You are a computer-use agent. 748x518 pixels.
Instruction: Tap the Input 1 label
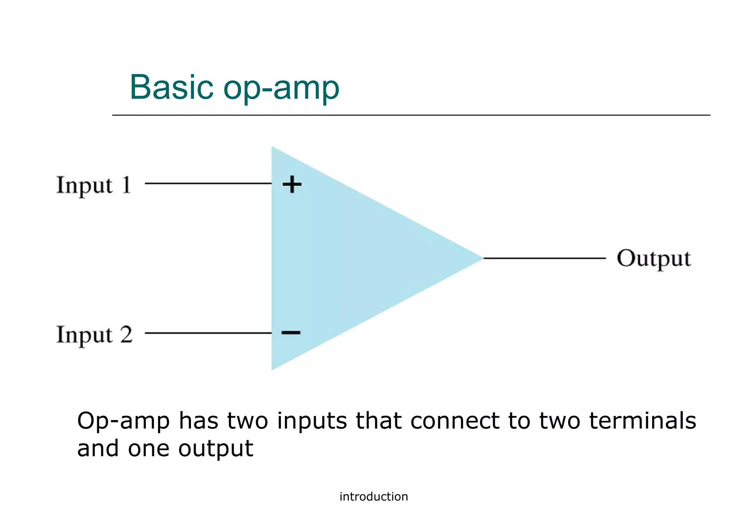coord(93,185)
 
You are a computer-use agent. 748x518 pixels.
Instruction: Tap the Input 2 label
coord(94,335)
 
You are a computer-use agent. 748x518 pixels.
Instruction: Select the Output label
coord(654,259)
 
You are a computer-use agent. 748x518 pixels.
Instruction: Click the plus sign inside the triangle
coord(292,184)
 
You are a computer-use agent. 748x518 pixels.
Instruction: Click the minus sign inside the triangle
coord(291,332)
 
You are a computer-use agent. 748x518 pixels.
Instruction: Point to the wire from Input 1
coord(208,183)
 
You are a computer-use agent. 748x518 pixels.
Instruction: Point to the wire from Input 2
coord(208,333)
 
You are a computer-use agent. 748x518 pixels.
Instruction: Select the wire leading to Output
coord(544,258)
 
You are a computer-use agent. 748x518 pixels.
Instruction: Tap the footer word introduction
coord(374,497)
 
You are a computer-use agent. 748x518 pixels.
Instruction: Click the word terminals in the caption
coord(643,421)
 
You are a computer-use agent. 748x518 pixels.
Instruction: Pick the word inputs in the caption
coord(312,422)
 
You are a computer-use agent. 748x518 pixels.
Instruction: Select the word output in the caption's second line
coord(215,449)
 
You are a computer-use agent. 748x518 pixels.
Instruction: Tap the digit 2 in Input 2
coord(126,334)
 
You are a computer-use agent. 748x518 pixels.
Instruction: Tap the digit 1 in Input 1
coord(126,184)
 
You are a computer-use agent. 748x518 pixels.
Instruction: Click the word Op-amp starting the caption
coord(123,422)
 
